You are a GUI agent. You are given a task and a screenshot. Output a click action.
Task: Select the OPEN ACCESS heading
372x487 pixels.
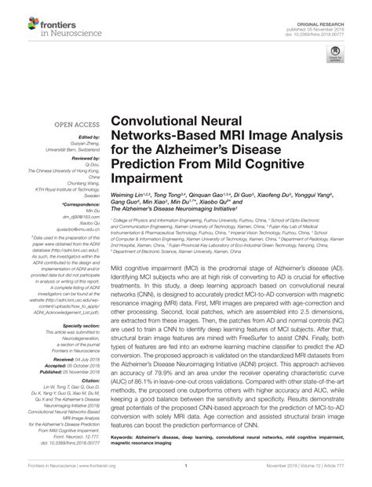point(75,125)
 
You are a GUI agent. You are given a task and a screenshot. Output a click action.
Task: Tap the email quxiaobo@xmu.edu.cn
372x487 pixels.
point(75,231)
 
